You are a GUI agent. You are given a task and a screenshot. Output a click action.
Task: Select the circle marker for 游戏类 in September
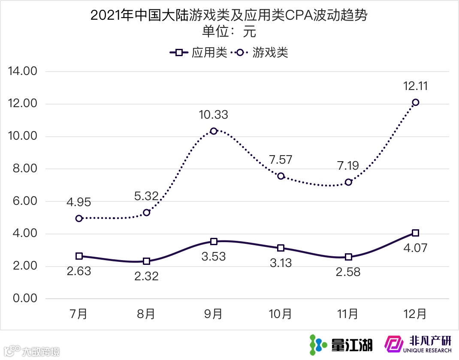214,131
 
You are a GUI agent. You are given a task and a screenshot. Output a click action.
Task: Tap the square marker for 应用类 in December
415,233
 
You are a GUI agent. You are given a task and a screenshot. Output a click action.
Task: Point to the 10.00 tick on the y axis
25,136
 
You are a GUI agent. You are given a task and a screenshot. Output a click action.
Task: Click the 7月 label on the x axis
79,314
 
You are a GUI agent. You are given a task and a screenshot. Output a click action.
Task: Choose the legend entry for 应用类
199,53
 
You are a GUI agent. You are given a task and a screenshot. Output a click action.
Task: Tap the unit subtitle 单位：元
229,32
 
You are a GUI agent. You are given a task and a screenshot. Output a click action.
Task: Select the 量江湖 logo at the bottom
341,344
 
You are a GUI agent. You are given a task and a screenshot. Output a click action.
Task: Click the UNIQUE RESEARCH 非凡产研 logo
418,344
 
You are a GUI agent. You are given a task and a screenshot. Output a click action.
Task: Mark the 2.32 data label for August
146,276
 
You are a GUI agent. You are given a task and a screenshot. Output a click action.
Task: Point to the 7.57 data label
281,160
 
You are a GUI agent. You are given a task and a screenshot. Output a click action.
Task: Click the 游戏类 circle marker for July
79,218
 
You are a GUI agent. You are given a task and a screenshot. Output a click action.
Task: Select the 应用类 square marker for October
281,248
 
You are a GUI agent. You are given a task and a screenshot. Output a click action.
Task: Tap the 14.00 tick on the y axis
25,71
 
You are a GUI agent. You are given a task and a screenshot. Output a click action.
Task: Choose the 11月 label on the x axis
348,314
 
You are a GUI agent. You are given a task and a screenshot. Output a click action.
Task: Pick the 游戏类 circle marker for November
348,182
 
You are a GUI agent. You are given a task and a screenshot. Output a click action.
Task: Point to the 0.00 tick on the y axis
25,298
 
